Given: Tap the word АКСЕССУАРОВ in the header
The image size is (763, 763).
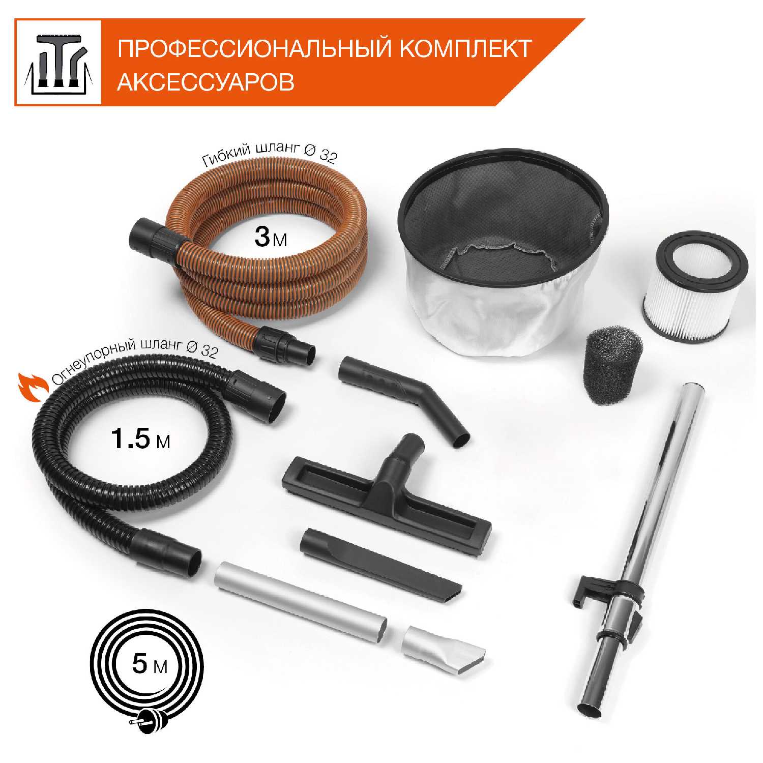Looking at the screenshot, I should click(x=206, y=82).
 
